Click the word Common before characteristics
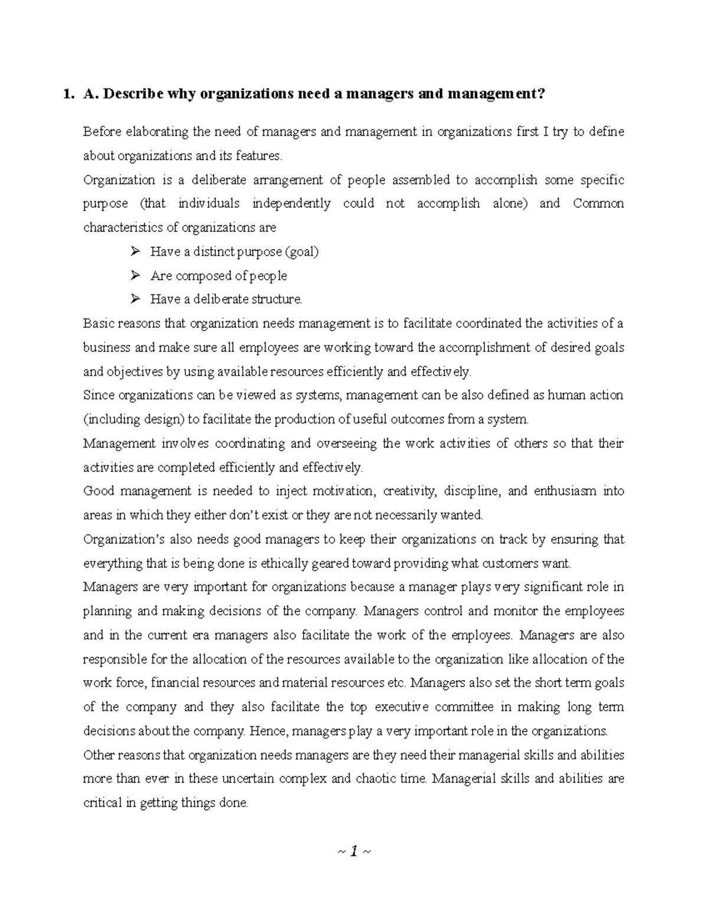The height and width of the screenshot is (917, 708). tap(598, 204)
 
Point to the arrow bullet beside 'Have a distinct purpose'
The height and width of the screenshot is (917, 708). tap(135, 252)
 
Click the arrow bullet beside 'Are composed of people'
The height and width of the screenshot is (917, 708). tap(135, 276)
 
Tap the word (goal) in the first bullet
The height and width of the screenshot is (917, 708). tap(301, 252)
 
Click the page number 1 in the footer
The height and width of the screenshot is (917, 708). tap(353, 851)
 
